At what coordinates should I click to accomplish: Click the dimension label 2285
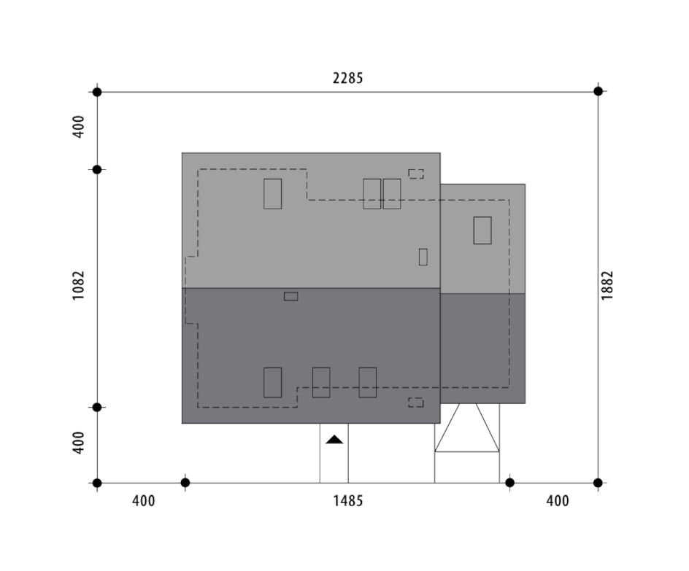(347, 78)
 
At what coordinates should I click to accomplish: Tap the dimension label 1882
(607, 286)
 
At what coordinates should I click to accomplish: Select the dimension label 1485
(348, 501)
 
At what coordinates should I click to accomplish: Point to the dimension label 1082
(78, 286)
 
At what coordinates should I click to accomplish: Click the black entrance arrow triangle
(334, 439)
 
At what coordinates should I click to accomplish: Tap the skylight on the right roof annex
(482, 230)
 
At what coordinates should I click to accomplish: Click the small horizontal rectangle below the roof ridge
(291, 296)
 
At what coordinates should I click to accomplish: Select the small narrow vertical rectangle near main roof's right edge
(423, 257)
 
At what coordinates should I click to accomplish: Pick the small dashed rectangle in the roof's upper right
(416, 174)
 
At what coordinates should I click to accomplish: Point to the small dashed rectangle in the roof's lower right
(416, 403)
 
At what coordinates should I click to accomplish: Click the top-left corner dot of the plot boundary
(97, 92)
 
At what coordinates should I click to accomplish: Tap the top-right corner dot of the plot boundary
(598, 91)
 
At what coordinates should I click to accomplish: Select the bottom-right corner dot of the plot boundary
(598, 483)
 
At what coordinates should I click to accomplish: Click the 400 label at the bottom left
(144, 501)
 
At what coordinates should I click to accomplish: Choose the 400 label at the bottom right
(558, 501)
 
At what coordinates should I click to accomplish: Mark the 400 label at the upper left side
(78, 127)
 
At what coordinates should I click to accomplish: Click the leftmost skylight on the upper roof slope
(272, 193)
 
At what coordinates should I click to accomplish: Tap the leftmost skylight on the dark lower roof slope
(272, 382)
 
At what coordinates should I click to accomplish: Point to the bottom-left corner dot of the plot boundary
(97, 483)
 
